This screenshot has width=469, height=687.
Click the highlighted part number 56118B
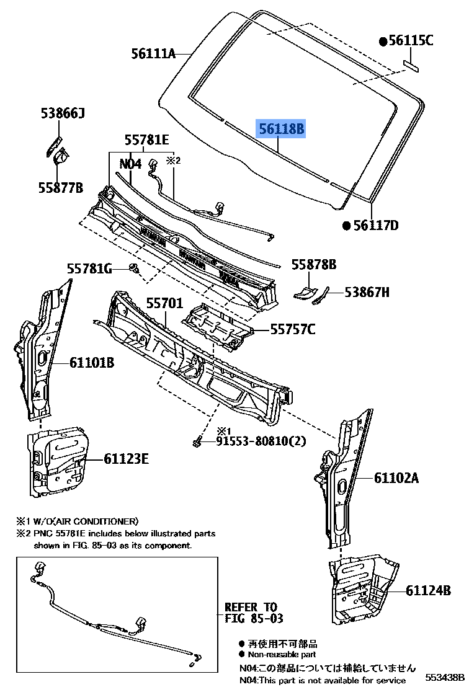coord(282,129)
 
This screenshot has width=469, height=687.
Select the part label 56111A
coord(153,54)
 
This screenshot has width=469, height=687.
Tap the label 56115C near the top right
coord(411,41)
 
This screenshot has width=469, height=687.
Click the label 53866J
coord(63,113)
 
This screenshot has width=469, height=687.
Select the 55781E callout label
coord(146,140)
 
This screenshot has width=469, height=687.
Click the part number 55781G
coord(89,268)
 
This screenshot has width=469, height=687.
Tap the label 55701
coord(164,303)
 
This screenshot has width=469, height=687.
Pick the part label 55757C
coord(292,330)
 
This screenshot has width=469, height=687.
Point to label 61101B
coord(91,363)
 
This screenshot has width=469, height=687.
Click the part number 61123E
coord(126,459)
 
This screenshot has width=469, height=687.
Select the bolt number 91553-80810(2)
coord(261,441)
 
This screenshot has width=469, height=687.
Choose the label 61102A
coord(396,478)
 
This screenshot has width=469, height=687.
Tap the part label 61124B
coord(429,591)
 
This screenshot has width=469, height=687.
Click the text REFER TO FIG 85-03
coord(251,613)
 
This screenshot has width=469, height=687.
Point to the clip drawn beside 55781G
coord(133,268)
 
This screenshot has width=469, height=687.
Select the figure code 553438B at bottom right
coord(444,677)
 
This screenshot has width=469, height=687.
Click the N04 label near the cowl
coord(131,164)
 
